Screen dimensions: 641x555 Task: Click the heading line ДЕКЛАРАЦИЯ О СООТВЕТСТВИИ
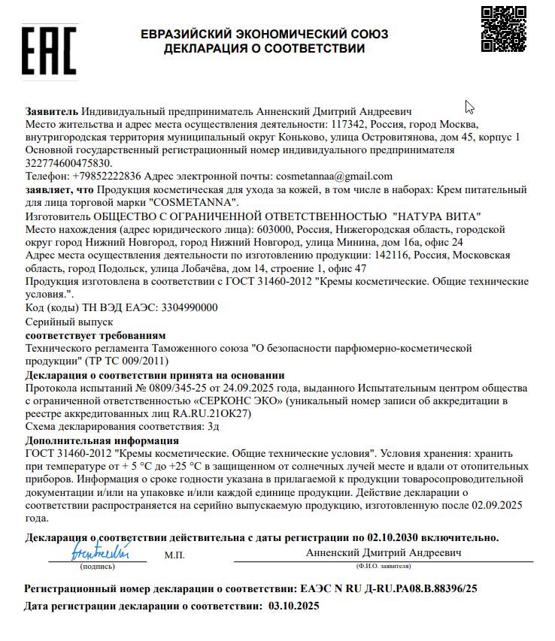click(x=264, y=49)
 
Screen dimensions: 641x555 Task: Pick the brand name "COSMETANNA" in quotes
click(x=194, y=202)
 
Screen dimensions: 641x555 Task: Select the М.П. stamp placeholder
click(x=174, y=555)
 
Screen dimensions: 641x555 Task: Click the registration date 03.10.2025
click(x=293, y=606)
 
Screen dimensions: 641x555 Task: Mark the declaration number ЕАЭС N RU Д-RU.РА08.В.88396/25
click(x=388, y=588)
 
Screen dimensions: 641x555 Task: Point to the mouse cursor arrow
click(x=469, y=107)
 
